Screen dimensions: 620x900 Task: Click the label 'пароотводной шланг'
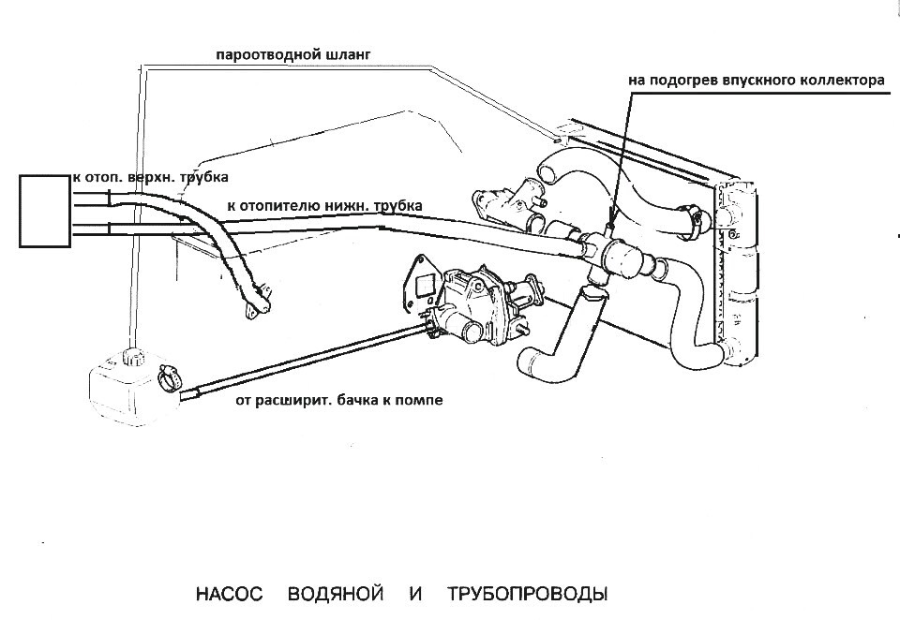[292, 55]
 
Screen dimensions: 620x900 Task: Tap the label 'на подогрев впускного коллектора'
[756, 81]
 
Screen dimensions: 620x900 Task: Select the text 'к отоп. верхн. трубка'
[150, 175]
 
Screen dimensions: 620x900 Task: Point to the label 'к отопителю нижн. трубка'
[323, 204]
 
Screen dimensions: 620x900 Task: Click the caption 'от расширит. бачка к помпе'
[337, 400]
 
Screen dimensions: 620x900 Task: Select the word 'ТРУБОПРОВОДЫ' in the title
[528, 595]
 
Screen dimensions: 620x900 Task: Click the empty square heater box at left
[45, 210]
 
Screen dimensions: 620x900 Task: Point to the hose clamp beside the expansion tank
[171, 377]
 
